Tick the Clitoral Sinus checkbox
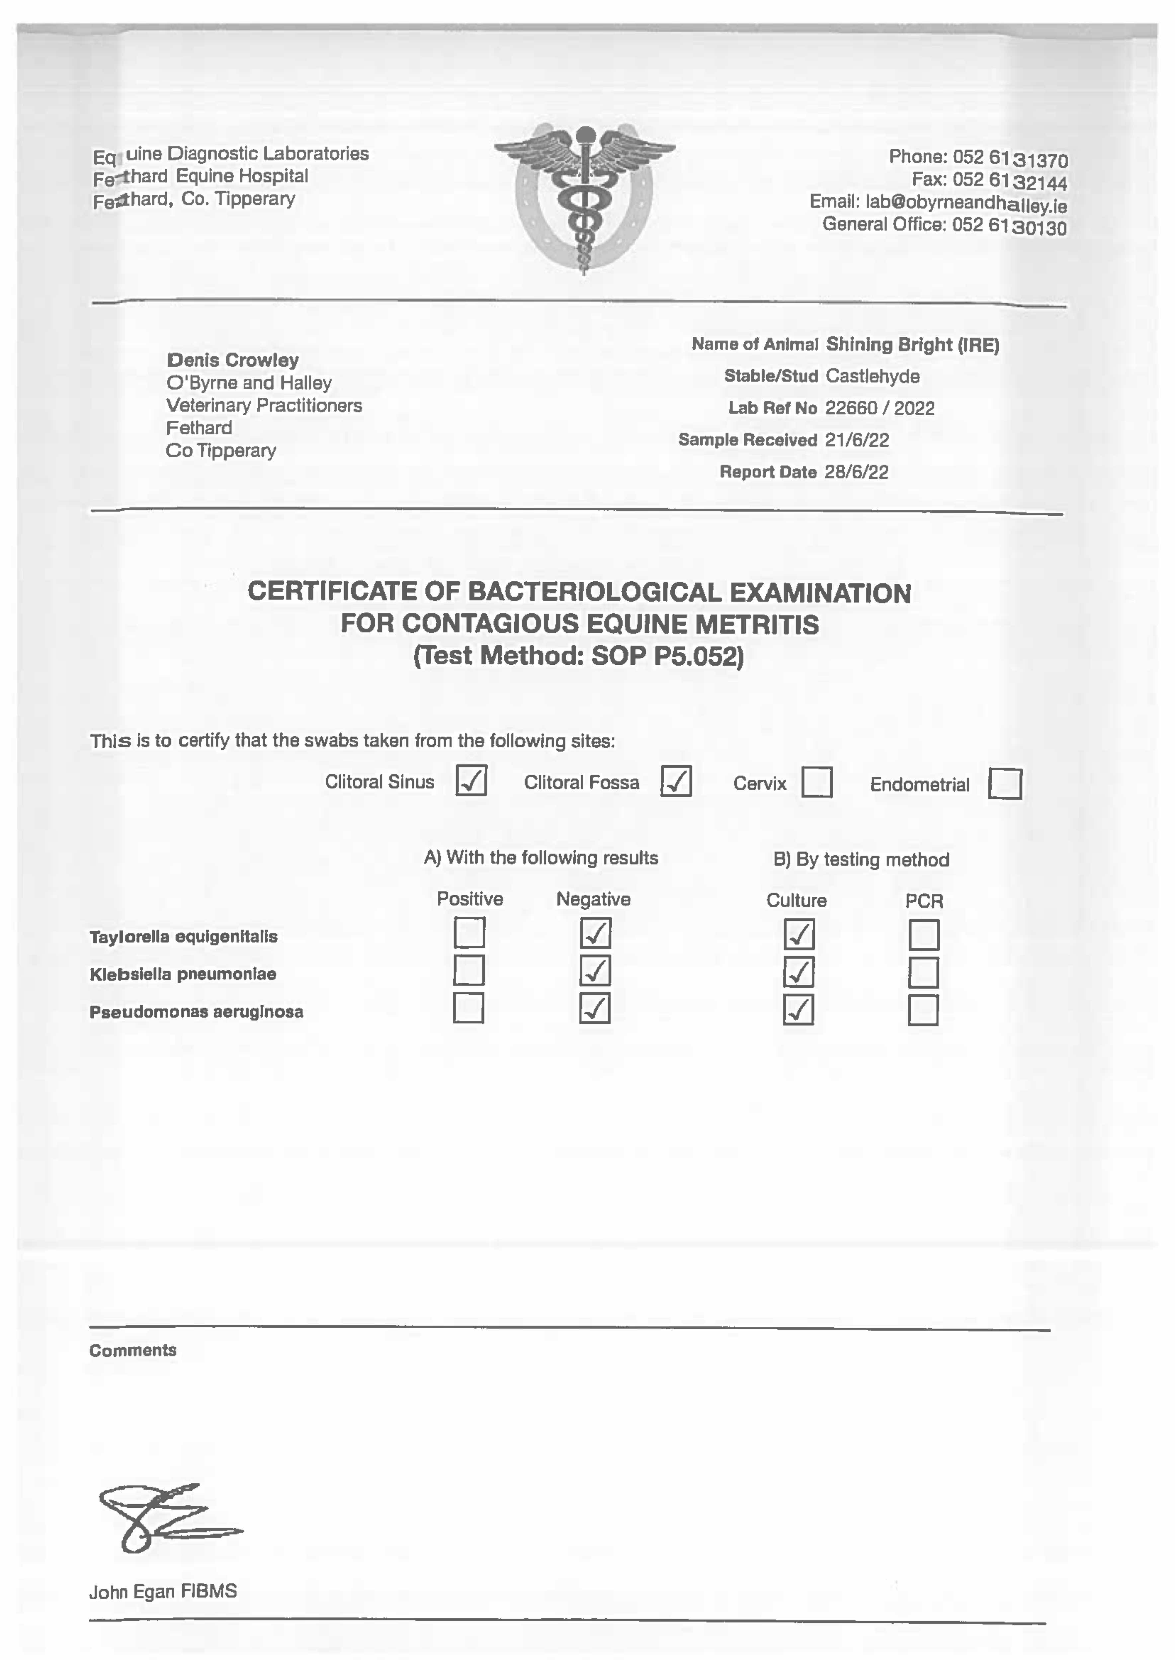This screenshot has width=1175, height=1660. point(471,781)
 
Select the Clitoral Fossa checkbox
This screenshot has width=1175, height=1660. point(676,781)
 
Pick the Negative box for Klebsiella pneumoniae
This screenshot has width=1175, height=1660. point(595,971)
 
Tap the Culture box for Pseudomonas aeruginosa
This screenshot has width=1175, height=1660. point(798,1010)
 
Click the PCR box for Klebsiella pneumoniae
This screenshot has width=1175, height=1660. point(923,973)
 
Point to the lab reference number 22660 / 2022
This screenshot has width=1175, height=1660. point(880,409)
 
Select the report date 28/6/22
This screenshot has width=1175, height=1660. point(857,472)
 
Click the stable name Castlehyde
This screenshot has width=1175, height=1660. point(873,376)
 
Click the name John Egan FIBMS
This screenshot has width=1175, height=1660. point(163,1592)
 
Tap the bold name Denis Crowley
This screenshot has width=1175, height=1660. point(232,360)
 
